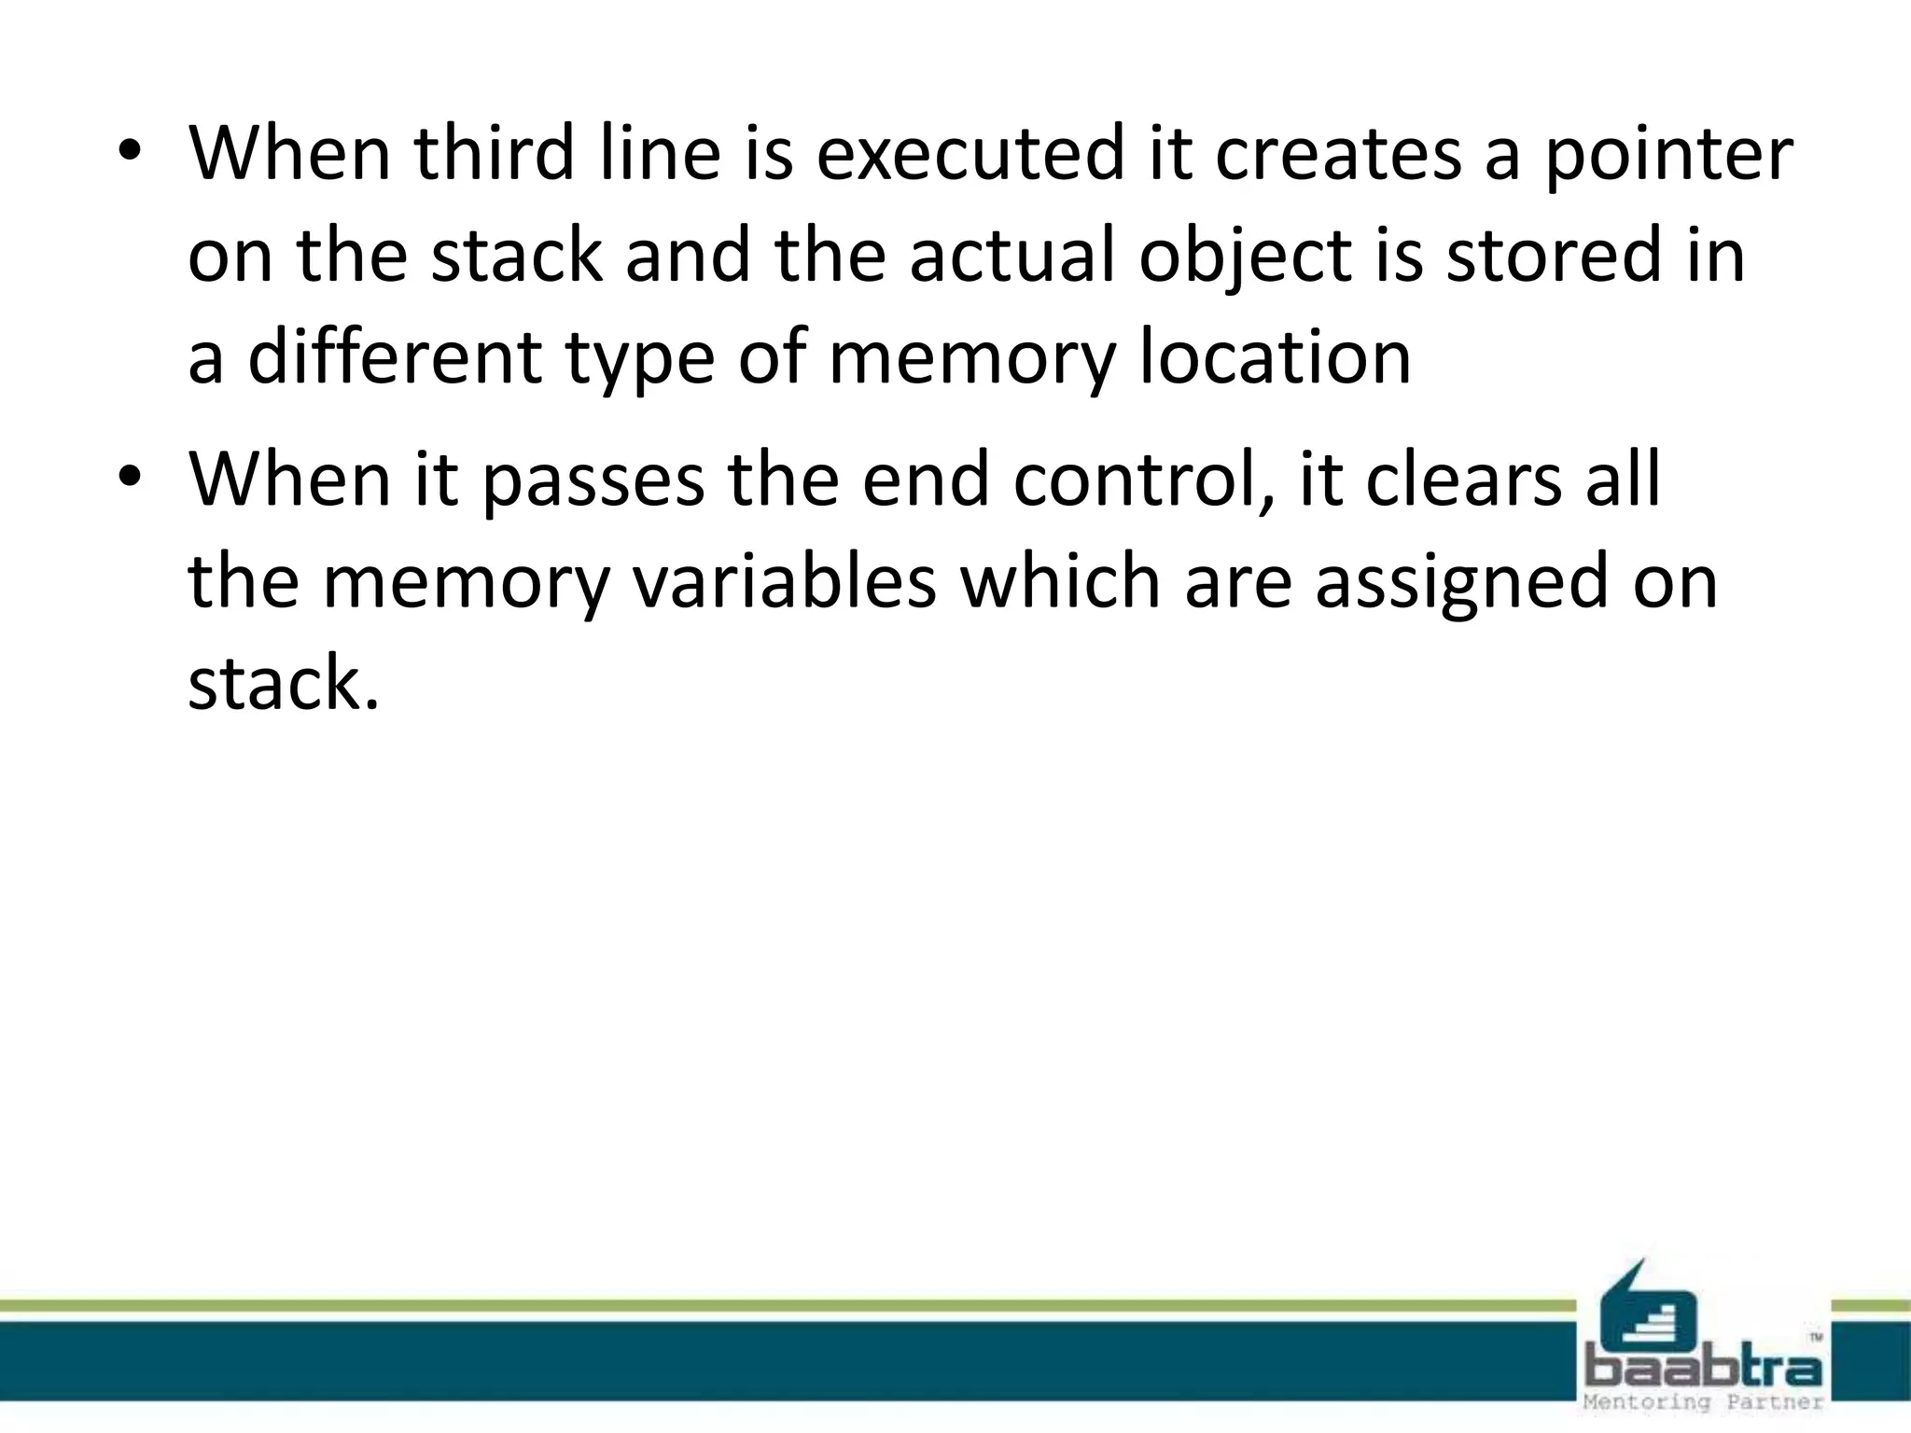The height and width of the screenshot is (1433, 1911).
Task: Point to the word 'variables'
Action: point(785,581)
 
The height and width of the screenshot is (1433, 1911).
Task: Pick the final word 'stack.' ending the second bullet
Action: point(284,683)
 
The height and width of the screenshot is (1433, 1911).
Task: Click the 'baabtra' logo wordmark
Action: point(1704,1370)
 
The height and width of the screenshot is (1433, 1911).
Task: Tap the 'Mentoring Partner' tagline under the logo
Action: point(1704,1403)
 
